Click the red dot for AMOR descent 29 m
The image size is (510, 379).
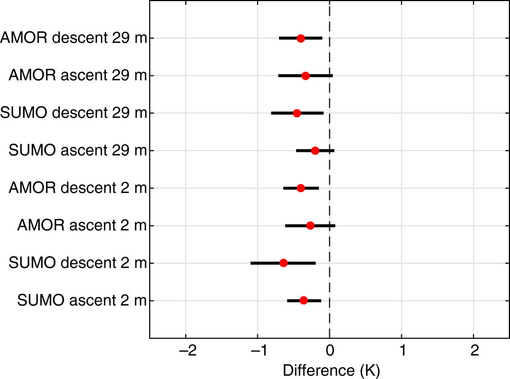(x=300, y=38)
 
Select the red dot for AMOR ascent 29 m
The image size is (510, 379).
(x=305, y=76)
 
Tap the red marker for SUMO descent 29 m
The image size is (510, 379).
(x=296, y=113)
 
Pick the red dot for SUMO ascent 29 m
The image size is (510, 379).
(x=315, y=151)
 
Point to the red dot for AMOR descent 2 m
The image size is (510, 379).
(x=300, y=188)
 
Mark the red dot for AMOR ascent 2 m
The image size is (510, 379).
(x=310, y=226)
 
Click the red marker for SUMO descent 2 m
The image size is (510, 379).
(x=283, y=263)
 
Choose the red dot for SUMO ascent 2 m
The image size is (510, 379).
(x=304, y=300)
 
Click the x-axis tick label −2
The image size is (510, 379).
(x=186, y=349)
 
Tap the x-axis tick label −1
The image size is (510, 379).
(x=258, y=349)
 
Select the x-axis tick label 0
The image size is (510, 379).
(x=330, y=349)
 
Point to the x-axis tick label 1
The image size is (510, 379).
(x=402, y=349)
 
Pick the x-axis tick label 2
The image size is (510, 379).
(x=473, y=349)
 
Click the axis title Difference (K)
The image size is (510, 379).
(x=330, y=370)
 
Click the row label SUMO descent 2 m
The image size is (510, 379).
(x=78, y=263)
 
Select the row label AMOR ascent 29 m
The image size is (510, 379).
(x=78, y=76)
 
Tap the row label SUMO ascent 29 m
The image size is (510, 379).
(x=78, y=151)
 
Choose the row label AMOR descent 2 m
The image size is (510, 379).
(x=78, y=188)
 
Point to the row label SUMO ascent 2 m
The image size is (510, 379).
(x=82, y=300)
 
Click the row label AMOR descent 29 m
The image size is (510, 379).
(x=73, y=38)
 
